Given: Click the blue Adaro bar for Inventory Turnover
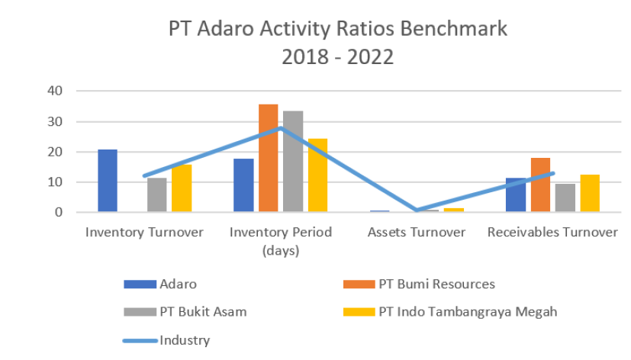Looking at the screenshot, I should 108,181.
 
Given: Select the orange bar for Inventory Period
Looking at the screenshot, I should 268,158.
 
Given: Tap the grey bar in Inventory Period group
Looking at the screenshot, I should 292,161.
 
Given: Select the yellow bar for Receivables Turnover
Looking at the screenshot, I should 589,193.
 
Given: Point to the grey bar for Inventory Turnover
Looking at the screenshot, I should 157,194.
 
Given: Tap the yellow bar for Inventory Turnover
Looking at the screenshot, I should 182,188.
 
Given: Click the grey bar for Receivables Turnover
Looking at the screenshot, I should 565,198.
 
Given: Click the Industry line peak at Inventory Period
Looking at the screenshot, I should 280,127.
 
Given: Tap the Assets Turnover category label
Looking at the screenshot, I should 416,232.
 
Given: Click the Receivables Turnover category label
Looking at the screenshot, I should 552,232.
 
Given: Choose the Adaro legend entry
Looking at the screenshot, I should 178,284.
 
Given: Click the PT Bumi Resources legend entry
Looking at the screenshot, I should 436,284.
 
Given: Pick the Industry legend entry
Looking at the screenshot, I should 184,339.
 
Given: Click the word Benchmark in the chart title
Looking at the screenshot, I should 452,30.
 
